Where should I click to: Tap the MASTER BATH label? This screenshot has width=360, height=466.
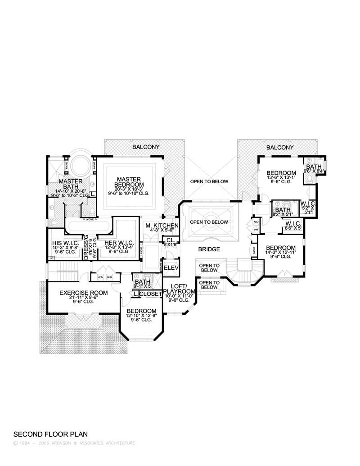coord(71,185)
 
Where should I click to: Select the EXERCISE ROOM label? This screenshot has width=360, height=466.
coord(84,293)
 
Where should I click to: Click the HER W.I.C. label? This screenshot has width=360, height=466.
coord(113,242)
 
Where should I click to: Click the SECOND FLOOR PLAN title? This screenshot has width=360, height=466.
coord(50,434)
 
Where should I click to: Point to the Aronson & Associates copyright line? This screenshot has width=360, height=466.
coord(74,443)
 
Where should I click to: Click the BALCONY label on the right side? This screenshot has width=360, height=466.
coord(279,147)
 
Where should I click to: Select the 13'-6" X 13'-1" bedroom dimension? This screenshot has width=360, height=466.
coord(281,179)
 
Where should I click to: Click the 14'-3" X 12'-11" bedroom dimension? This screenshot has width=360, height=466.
coord(281,253)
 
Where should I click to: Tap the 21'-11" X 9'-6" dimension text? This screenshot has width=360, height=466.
coord(84,298)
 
